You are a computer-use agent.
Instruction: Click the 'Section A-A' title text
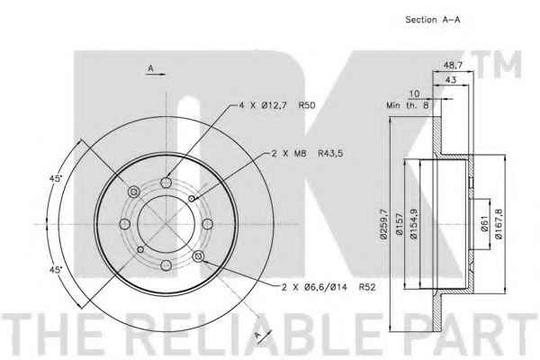(433, 20)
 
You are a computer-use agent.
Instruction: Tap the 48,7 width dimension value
(453, 65)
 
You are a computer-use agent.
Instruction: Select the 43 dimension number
(451, 79)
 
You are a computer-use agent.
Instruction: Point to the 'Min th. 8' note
(408, 105)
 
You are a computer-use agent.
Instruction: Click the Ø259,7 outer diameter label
(383, 224)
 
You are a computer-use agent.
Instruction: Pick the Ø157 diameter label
(400, 224)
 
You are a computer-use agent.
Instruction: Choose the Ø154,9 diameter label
(414, 224)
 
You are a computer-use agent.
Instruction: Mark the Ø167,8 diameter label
(499, 224)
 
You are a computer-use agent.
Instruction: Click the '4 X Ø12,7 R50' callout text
(277, 105)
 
